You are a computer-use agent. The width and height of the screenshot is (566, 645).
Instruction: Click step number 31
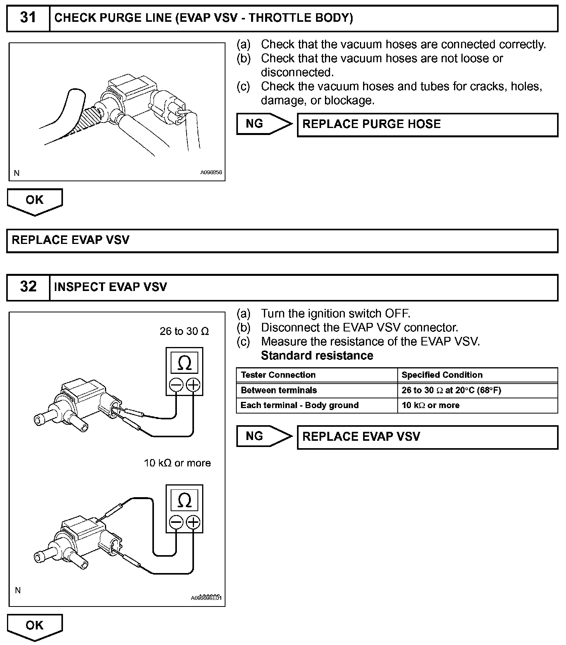point(28,18)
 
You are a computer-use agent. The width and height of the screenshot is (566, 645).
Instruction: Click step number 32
point(28,287)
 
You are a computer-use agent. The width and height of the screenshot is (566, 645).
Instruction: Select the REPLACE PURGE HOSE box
point(427,124)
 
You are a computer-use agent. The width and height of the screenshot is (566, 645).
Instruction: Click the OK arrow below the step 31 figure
point(35,201)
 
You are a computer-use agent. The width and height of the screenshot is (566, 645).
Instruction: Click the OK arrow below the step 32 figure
point(35,626)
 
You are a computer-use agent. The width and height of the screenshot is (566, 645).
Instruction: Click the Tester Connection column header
point(278,375)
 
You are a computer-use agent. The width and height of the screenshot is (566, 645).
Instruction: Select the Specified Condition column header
point(442,375)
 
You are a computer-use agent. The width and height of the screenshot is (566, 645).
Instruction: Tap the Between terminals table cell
point(279,390)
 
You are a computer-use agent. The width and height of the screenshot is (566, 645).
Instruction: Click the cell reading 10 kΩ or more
point(430,405)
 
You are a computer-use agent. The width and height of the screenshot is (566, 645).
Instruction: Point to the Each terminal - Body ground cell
point(299,405)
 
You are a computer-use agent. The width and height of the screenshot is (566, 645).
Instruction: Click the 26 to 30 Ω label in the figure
point(184,331)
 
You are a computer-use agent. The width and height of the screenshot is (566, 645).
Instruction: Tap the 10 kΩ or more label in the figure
point(177,463)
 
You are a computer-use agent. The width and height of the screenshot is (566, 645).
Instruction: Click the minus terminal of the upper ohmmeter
point(176,385)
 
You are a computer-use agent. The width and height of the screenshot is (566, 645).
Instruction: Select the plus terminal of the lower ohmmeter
point(193,522)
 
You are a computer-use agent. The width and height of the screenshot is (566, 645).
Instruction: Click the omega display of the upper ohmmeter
point(184,363)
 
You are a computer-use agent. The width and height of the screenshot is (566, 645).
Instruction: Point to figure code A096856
point(211,172)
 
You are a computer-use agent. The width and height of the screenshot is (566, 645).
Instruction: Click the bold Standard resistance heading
point(317,356)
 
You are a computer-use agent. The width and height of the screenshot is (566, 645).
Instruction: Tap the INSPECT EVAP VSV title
point(110,287)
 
